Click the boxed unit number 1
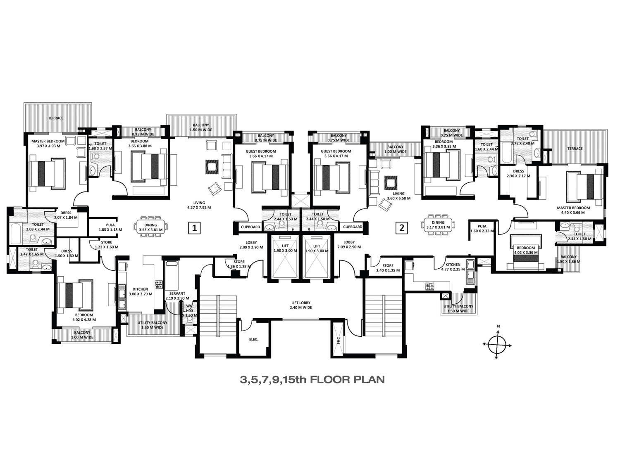[194, 228]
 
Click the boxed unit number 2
[402, 228]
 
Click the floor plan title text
[312, 380]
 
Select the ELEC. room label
[253, 340]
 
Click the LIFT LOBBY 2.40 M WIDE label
[301, 305]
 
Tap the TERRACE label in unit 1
[56, 118]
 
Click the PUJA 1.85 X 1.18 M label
[110, 227]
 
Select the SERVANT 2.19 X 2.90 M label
[177, 296]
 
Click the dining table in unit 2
[438, 225]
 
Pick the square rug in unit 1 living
[212, 167]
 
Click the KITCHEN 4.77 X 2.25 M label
[453, 267]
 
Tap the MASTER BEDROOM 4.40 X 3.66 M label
[573, 210]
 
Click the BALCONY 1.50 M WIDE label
[200, 128]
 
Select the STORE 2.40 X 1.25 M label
[388, 268]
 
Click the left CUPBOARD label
[250, 227]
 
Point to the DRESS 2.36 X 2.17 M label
[518, 173]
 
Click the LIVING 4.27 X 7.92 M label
[199, 205]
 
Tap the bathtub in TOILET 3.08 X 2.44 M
[18, 234]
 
